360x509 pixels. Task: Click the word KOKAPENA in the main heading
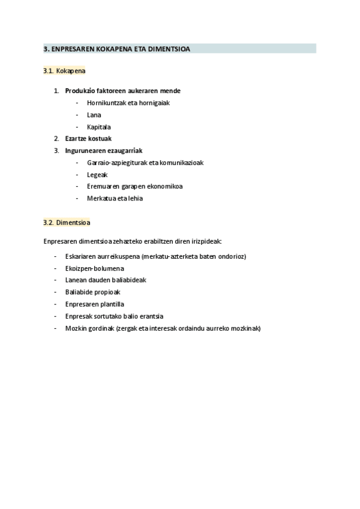click(112, 49)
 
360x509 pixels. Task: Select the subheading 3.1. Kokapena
click(64, 71)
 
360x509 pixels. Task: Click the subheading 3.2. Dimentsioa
click(67, 222)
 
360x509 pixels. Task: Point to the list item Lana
click(94, 115)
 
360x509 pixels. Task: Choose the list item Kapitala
click(99, 127)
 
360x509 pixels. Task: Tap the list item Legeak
click(97, 174)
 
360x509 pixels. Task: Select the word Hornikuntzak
click(106, 103)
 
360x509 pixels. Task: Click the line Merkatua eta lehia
click(115, 198)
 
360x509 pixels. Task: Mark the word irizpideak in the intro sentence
click(206, 241)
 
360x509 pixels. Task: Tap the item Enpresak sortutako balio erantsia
click(115, 316)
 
